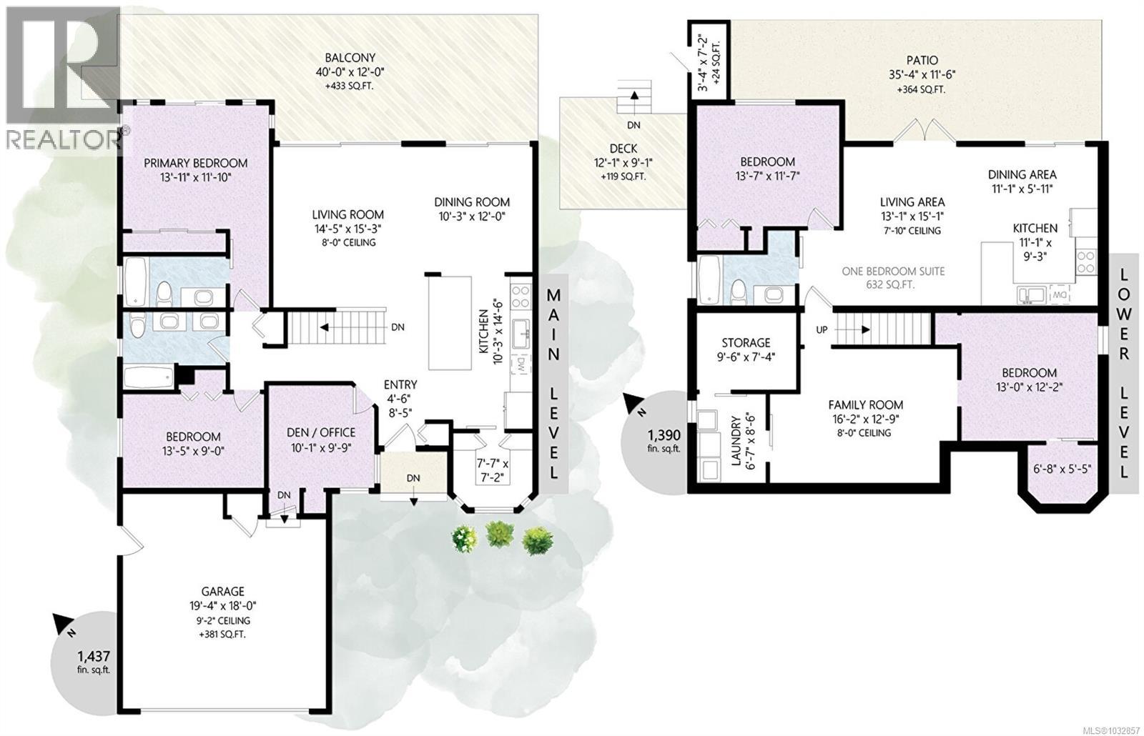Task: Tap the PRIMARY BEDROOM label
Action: point(195,163)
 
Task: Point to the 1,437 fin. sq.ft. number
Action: point(94,655)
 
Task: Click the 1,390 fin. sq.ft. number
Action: point(664,435)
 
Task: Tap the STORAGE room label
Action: point(745,342)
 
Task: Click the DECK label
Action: point(623,149)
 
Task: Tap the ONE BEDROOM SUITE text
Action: point(893,272)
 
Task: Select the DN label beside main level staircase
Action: point(398,327)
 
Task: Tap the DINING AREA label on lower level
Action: point(1022,174)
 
